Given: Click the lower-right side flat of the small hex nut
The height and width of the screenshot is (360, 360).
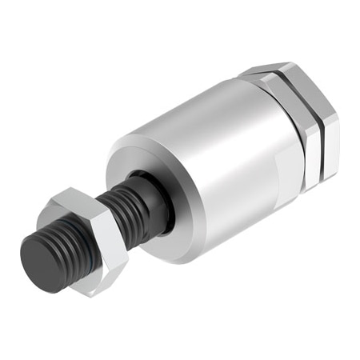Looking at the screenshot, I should tap(108, 268).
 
